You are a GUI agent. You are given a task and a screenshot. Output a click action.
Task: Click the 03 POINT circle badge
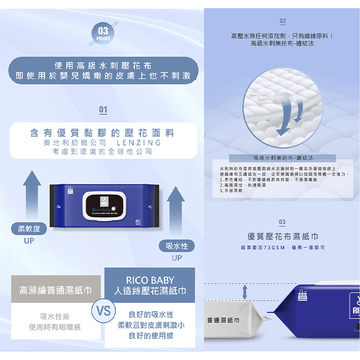103,34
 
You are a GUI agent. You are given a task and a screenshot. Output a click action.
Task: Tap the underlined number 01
103,110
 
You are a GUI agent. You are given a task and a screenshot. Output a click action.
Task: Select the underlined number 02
283,21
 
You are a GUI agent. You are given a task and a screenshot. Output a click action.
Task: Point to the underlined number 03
282,222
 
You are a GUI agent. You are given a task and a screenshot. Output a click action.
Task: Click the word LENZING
139,143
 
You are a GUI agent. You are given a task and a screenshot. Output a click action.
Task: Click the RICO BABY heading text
150,280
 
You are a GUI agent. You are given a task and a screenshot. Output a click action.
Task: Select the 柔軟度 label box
29,229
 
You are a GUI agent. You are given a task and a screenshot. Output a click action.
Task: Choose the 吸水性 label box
177,246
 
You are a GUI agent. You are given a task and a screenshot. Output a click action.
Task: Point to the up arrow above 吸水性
176,213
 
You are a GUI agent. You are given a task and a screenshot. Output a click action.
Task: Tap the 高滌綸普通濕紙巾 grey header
55,290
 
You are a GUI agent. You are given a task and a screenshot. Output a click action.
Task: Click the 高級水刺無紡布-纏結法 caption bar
282,157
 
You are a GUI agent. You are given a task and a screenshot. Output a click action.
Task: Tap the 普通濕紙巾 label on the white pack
224,320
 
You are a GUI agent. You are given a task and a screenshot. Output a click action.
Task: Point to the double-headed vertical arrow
245,292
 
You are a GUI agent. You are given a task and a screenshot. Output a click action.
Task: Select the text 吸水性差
55,316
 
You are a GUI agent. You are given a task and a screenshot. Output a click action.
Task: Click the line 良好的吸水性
151,314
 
